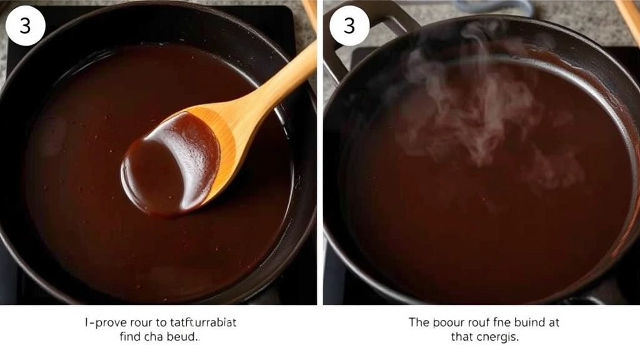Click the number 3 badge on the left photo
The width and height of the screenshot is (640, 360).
click(x=25, y=26)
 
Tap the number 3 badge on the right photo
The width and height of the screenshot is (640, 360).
click(x=349, y=26)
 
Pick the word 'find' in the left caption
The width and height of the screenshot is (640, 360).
click(x=131, y=337)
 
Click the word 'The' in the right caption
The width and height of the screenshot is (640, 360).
click(x=418, y=322)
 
